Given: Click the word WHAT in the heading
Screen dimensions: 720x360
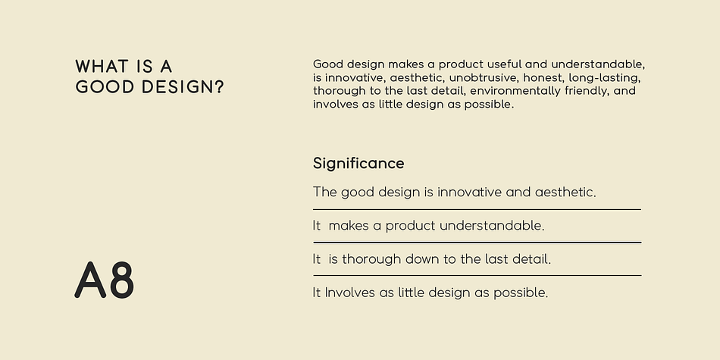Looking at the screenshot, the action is click(x=102, y=67).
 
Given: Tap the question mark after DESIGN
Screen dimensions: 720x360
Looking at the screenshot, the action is click(x=218, y=87).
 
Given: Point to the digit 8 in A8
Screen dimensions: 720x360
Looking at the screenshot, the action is click(x=122, y=280).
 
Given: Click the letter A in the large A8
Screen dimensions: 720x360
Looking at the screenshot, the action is click(x=90, y=280).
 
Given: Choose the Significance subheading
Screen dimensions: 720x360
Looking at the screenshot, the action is click(x=358, y=164).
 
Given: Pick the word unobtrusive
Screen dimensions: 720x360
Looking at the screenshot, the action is click(x=483, y=77).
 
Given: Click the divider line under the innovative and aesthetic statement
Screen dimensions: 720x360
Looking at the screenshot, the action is click(x=477, y=209).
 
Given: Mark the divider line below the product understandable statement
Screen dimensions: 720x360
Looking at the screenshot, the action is click(x=477, y=242).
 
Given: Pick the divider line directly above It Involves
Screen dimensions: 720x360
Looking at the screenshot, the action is click(x=477, y=276).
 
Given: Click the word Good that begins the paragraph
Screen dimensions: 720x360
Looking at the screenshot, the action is click(x=328, y=64).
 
